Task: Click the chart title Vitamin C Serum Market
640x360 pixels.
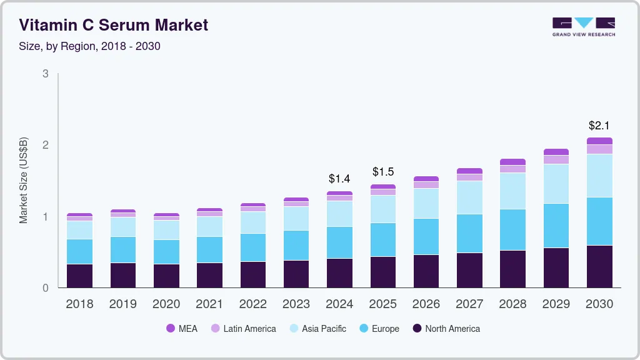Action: coord(113,25)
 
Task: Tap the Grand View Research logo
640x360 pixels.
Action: coord(583,26)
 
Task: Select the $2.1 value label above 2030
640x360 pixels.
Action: coord(599,126)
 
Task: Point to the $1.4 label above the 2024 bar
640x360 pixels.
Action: coord(339,179)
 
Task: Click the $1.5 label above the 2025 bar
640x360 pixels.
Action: coord(382,172)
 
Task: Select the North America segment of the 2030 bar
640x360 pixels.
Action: coord(599,267)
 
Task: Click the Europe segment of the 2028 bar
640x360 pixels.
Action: coord(512,229)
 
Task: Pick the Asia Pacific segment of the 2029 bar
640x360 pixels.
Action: coord(556,184)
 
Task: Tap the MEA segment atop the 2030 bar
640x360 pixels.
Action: coord(599,141)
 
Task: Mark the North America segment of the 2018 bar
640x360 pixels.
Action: coord(79,276)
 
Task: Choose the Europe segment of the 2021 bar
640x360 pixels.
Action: coord(209,249)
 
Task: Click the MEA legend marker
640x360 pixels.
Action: coord(170,329)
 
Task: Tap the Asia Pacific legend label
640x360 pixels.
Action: coord(324,329)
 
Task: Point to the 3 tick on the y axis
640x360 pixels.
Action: coord(45,74)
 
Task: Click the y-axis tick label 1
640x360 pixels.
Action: coord(45,217)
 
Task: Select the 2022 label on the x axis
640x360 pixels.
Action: coord(252,304)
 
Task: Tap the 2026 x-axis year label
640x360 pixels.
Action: coord(426,304)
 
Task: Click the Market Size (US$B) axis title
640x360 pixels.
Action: coord(24,180)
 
